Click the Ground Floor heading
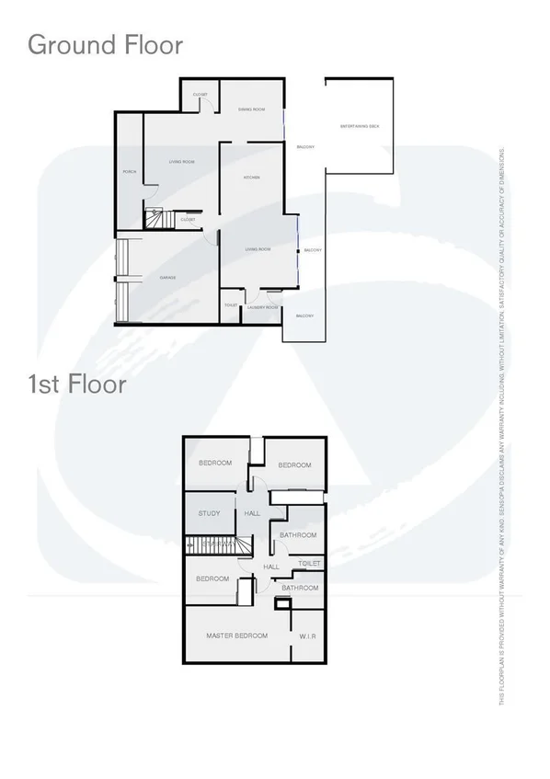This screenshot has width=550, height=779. pos(106,44)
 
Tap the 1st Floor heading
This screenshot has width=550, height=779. pos(77,384)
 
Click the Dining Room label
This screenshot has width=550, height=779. pos(252,109)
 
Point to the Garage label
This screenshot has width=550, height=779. pos(167,277)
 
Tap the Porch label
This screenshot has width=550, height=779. pos(130,171)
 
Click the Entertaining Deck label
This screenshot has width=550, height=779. pos(360,125)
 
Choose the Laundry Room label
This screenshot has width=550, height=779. pos(263,307)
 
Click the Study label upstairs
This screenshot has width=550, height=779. pos(210,513)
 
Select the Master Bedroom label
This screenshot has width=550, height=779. pos(237,636)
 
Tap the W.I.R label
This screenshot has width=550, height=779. pos(308,636)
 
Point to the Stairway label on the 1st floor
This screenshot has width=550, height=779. pos(219,544)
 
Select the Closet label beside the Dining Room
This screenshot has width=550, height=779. pos(200,96)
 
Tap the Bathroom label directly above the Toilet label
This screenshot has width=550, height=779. pos(298,535)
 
